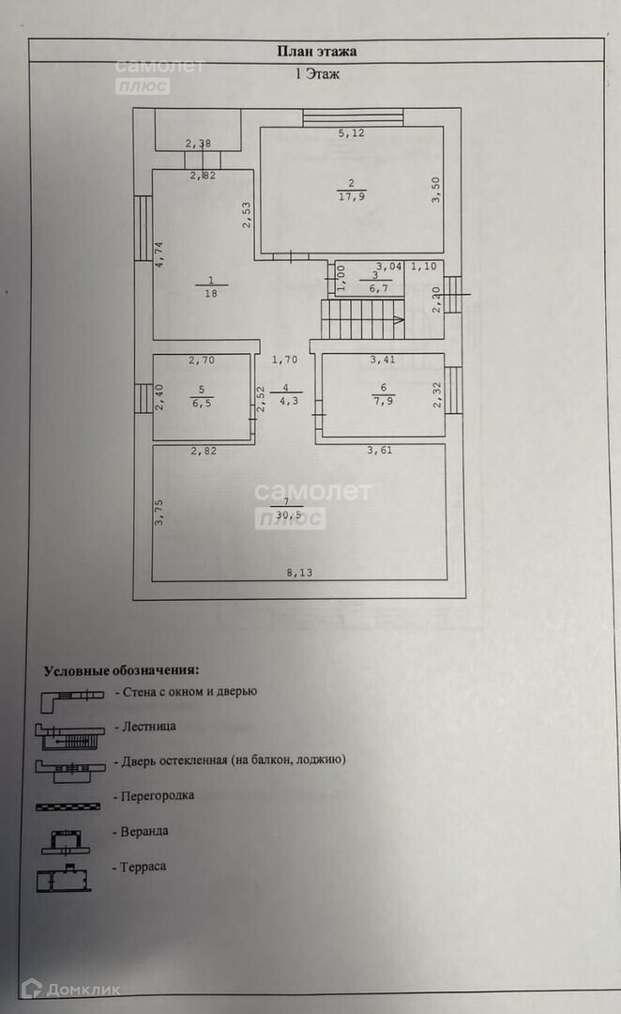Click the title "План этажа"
click(x=316, y=53)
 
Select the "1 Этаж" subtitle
click(x=317, y=75)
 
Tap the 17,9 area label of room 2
click(x=351, y=195)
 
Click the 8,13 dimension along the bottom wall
click(x=299, y=573)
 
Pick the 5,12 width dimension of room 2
click(x=351, y=134)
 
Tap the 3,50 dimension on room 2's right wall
click(x=435, y=191)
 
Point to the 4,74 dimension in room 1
click(x=159, y=255)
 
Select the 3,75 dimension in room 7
click(x=159, y=515)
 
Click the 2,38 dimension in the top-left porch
click(x=198, y=144)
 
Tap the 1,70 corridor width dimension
click(x=285, y=359)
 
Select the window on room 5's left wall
click(x=142, y=397)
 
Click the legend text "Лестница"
click(x=145, y=726)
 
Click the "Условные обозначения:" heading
click(x=121, y=670)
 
